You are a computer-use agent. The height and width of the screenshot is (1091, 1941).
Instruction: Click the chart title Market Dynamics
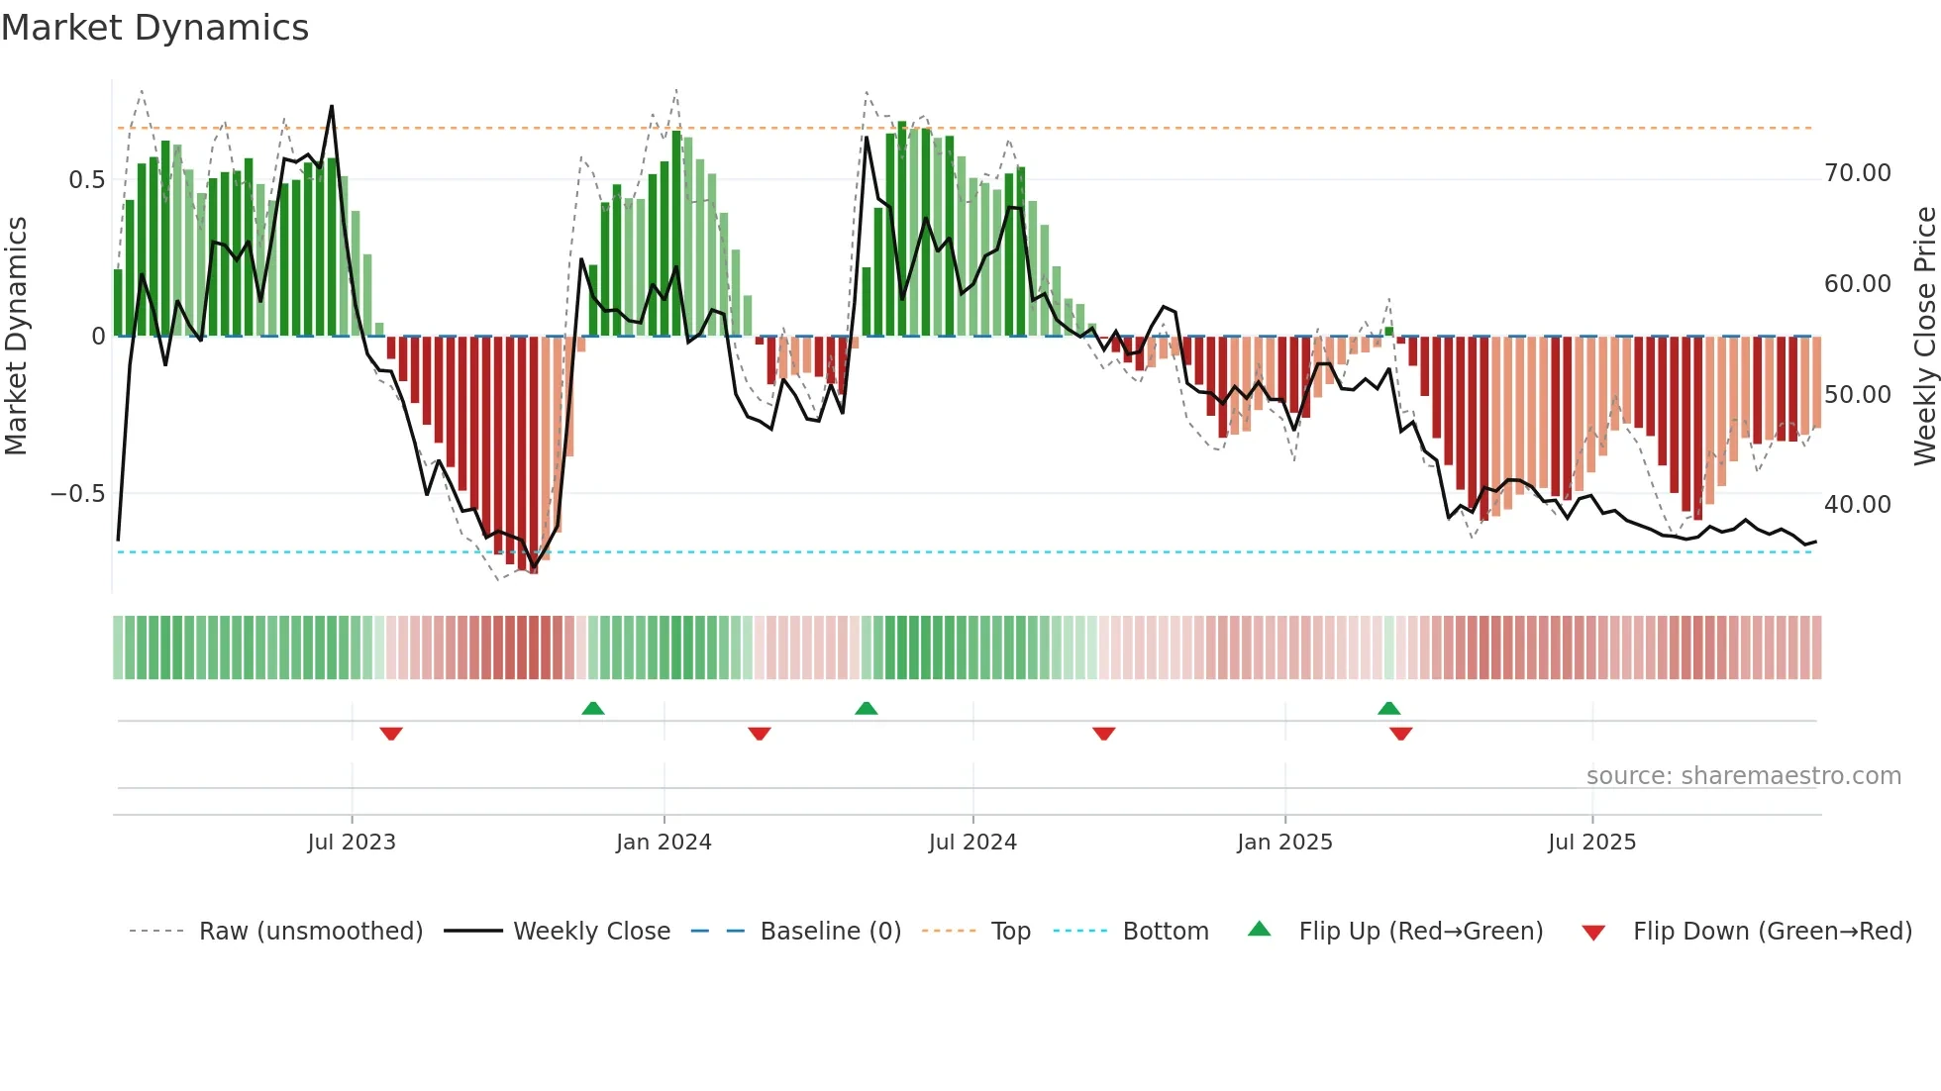point(154,28)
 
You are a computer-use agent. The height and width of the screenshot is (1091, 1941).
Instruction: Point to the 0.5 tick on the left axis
point(86,180)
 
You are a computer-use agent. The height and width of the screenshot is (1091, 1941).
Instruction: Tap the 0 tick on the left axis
point(98,337)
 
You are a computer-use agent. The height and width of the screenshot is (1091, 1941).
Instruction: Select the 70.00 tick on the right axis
point(1857,173)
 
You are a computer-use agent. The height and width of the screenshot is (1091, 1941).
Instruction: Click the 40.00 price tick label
point(1857,505)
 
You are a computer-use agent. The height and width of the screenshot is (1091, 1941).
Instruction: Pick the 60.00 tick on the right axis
point(1857,284)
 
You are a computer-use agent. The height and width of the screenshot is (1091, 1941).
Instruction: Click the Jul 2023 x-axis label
point(351,843)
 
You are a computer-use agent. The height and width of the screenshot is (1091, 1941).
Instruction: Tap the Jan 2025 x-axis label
point(1284,843)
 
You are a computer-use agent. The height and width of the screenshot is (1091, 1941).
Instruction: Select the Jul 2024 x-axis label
point(971,843)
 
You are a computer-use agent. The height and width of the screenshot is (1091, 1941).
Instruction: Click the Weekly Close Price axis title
point(1924,336)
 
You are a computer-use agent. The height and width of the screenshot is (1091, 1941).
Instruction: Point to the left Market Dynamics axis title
point(16,336)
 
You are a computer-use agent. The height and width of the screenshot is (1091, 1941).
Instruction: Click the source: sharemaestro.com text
point(1743,776)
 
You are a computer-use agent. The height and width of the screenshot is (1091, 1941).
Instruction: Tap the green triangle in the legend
point(1259,930)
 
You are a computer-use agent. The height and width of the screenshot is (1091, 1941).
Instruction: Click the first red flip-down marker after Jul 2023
point(391,734)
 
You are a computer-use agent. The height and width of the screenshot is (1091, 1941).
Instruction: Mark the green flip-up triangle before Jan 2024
point(592,708)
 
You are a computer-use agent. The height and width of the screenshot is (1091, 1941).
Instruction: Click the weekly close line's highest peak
point(332,106)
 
